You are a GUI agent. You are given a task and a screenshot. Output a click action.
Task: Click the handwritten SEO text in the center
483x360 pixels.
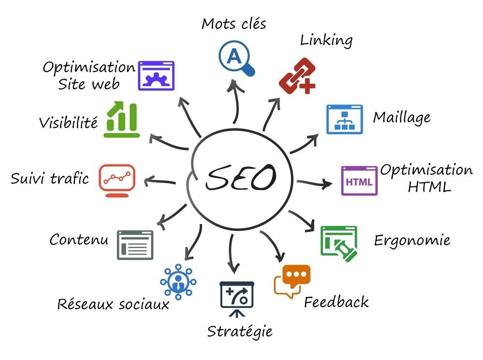point(240,178)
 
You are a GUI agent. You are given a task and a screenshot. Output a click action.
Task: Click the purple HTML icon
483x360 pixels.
point(359,181)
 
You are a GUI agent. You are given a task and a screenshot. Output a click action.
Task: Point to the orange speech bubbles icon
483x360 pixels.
point(292,281)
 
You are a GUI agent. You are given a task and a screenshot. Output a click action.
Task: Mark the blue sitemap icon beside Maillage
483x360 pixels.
point(344,119)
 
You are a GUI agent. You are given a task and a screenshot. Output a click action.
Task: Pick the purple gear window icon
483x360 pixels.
point(156,76)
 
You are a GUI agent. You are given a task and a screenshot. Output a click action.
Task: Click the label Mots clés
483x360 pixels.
point(234,23)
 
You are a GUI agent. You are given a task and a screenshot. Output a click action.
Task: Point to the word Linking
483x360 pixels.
point(327,41)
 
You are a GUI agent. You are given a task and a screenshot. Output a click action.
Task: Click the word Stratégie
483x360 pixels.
point(240,332)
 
